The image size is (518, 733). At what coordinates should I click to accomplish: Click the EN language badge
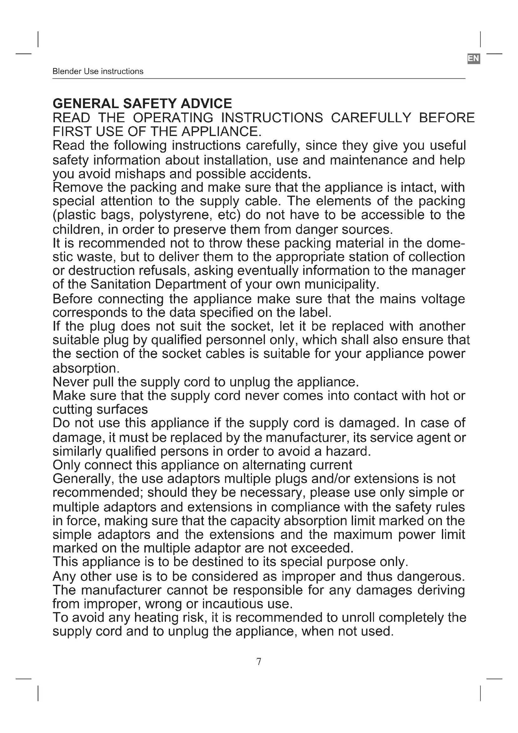coord(473,58)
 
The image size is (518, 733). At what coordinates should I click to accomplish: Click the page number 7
coord(259,662)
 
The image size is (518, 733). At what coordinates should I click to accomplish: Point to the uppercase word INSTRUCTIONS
coord(272,118)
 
